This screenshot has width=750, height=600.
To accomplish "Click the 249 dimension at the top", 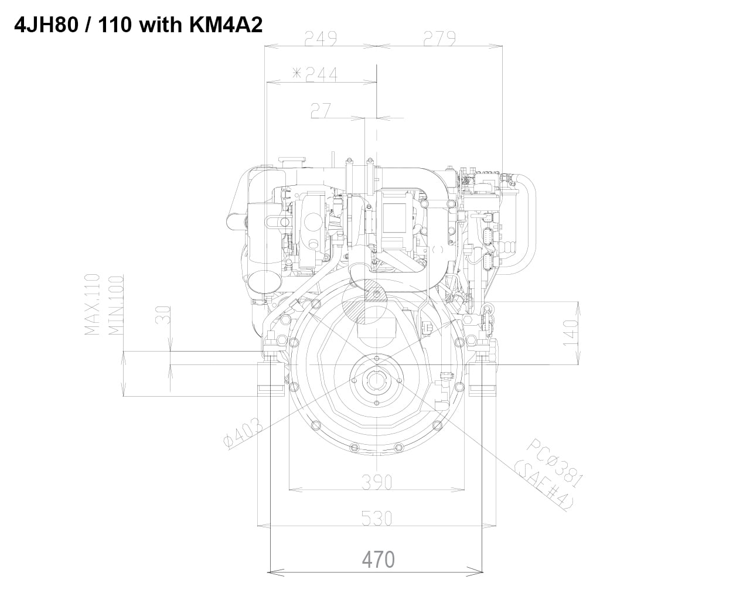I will pos(321,39).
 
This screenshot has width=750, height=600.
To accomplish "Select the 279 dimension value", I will pos(439,39).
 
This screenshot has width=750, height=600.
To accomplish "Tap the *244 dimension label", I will pos(315,74).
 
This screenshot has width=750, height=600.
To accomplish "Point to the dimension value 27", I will pos(321,110).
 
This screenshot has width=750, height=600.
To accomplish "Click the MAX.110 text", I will pos(93,305).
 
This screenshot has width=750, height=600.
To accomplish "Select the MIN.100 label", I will pos(115,305).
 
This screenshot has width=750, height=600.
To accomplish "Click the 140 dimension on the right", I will pos(571,332).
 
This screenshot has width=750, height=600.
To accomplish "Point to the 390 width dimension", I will pos(376,482).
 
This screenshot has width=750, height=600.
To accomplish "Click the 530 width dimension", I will pos(376,519).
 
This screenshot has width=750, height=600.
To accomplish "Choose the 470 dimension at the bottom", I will pos(378,560).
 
